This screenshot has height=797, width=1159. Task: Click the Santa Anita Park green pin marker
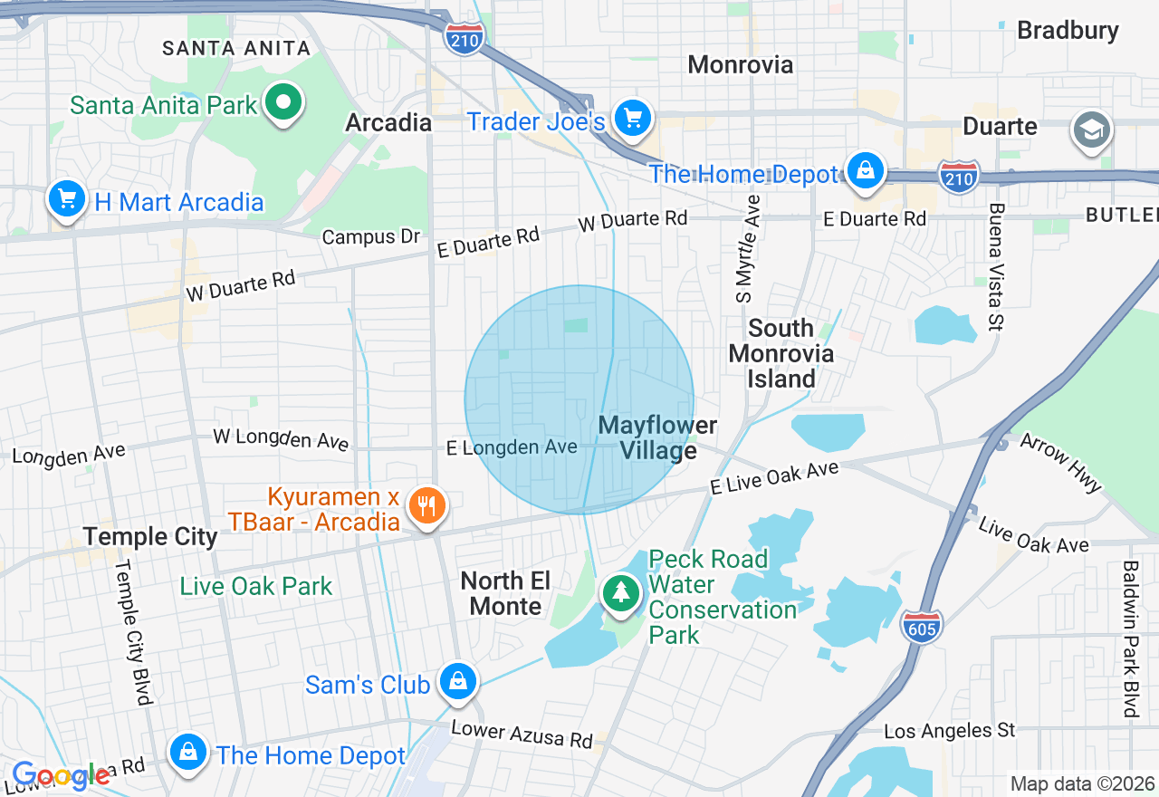(x=283, y=101)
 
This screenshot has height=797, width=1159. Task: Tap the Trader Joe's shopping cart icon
(x=632, y=119)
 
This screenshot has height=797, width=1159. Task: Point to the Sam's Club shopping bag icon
(x=458, y=681)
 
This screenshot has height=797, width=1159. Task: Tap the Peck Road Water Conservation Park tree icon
(x=621, y=593)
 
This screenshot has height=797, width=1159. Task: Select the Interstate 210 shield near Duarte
(x=959, y=176)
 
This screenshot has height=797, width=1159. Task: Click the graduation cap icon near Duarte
(x=1091, y=130)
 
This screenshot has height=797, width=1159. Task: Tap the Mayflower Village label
(x=657, y=437)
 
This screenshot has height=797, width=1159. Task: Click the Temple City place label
(x=150, y=536)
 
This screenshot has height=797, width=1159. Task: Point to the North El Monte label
(x=505, y=593)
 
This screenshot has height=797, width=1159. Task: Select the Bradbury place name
(x=1068, y=30)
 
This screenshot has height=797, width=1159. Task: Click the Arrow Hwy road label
(x=1060, y=462)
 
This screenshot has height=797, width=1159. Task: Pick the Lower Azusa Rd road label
(x=522, y=734)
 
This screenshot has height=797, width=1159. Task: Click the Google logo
(x=61, y=775)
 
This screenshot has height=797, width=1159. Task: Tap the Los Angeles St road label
(x=949, y=730)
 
